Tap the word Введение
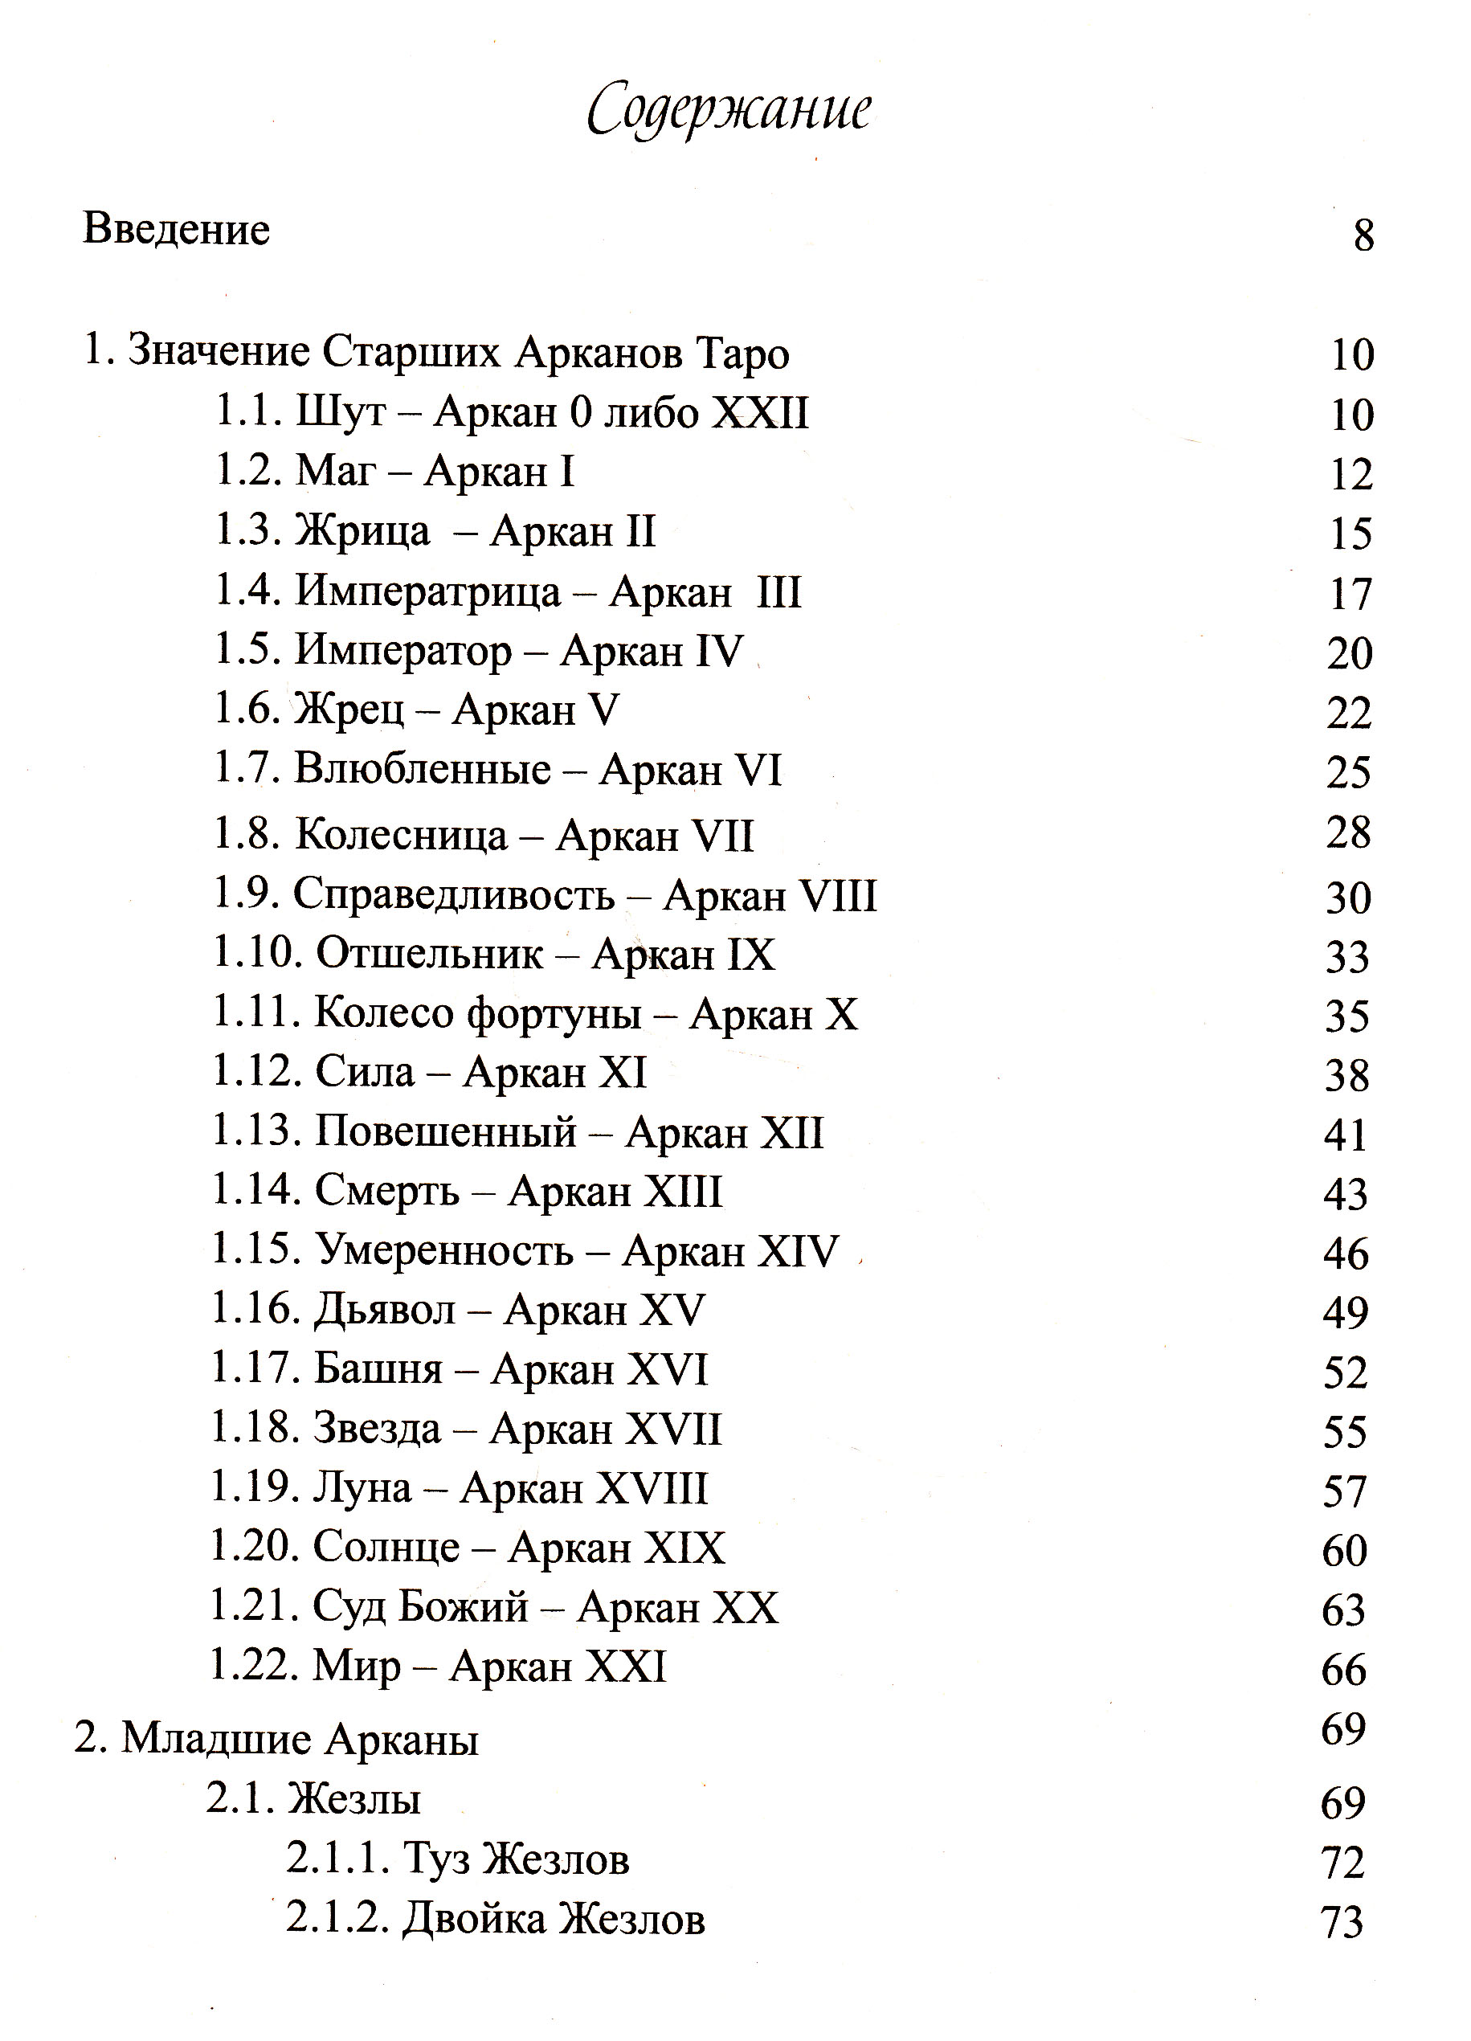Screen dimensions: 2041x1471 176,230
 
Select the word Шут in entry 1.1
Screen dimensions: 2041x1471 341,413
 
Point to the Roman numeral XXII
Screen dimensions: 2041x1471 760,413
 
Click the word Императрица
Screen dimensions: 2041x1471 428,591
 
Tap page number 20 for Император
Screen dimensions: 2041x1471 1350,653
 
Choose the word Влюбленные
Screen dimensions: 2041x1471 422,771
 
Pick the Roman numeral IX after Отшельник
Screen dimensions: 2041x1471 743,955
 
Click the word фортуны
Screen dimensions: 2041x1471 554,1014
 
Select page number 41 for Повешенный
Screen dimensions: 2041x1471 1346,1135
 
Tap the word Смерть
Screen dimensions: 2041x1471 387,1192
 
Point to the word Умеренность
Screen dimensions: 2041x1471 443,1252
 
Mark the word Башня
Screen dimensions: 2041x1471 378,1370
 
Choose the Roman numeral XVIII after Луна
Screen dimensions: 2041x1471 653,1488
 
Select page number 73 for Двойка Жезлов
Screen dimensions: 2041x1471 1342,1923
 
